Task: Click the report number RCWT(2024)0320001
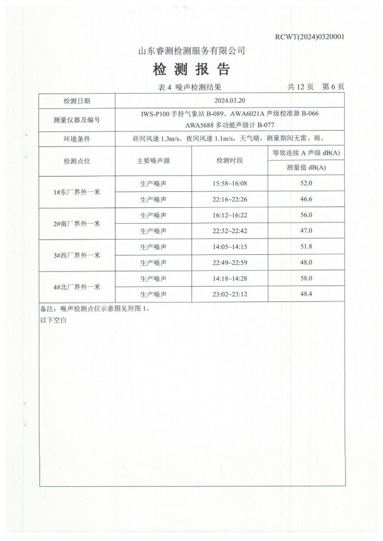pos(309,36)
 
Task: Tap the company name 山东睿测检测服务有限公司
pos(191,51)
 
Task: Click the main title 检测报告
pos(191,70)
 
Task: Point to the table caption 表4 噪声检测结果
pos(190,87)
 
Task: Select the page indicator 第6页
pos(333,87)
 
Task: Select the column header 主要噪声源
pos(154,161)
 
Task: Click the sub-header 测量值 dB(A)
pos(306,168)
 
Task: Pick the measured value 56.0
pos(306,215)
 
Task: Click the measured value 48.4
pos(306,294)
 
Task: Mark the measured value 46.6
pos(306,200)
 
